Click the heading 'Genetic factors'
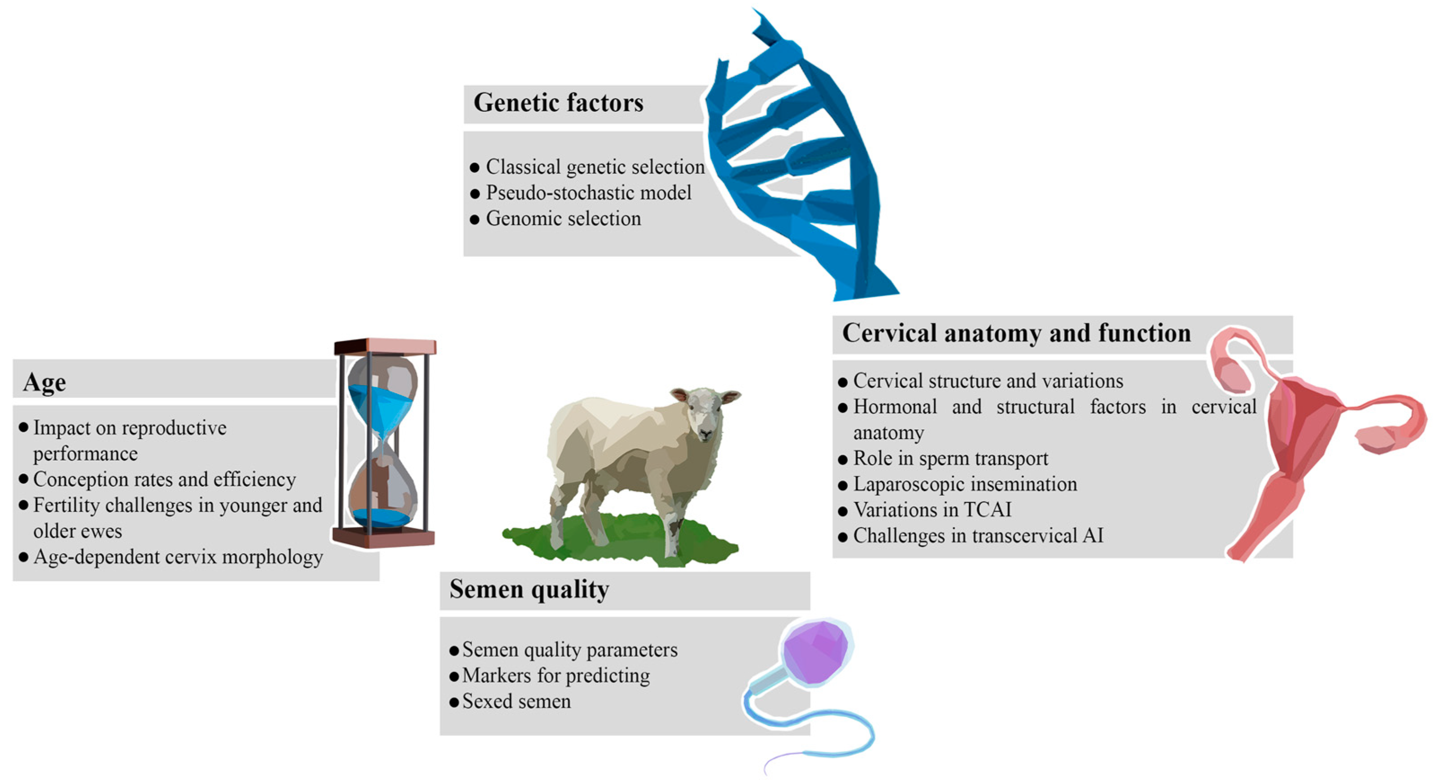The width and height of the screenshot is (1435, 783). point(558,103)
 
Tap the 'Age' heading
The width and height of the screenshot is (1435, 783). point(44,383)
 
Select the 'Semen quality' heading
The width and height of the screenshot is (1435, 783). point(529,589)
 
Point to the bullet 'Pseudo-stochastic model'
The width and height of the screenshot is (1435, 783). point(588,193)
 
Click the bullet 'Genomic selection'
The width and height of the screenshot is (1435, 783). point(563,219)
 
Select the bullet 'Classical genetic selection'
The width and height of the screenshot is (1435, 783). point(595,167)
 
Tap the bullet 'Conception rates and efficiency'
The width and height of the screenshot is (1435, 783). point(164,479)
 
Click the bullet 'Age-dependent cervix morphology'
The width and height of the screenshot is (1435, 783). point(178,557)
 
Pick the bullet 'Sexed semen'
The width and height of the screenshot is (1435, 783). point(516,701)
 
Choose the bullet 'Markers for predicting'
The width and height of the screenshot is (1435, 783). point(556,675)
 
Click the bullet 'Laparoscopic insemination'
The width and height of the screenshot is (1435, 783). point(965,484)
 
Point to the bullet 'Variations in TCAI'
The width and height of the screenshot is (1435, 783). point(932,510)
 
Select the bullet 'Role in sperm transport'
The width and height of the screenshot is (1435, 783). point(950,458)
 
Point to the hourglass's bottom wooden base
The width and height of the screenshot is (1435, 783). point(383,537)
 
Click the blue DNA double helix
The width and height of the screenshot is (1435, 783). point(802,162)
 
